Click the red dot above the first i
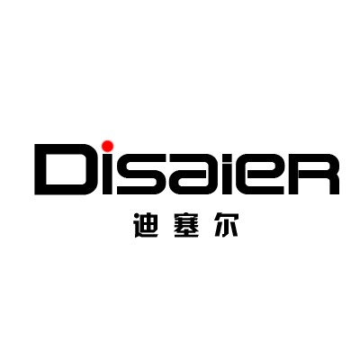(107, 146)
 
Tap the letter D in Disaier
(62, 169)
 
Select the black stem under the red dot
(108, 175)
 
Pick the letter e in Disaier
(263, 175)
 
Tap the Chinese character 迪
(146, 225)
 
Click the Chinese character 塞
(186, 225)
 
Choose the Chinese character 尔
(227, 225)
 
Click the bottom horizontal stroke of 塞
(186, 236)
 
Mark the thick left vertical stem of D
(40, 169)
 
